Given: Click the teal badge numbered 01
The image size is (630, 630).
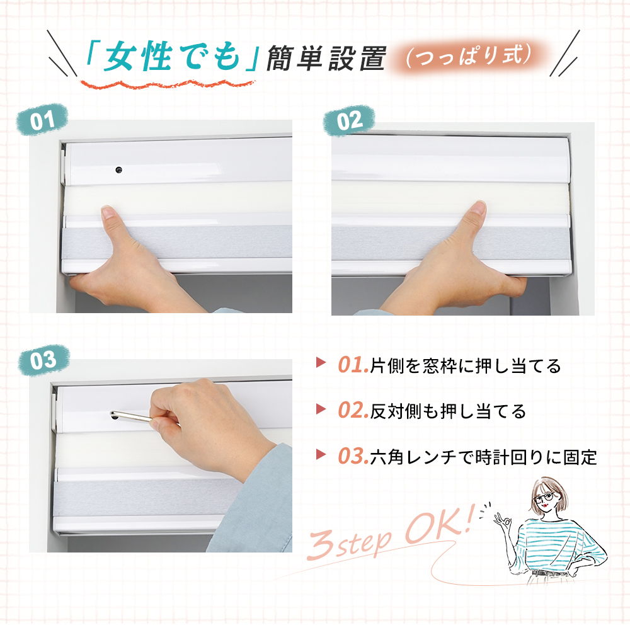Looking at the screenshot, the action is (42, 119).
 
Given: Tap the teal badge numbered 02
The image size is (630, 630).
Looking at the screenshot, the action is (349, 120).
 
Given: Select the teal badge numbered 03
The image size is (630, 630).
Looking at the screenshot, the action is (43, 360).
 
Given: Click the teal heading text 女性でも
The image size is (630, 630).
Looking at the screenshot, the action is (171, 57).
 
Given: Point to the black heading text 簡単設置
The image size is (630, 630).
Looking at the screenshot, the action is (326, 58).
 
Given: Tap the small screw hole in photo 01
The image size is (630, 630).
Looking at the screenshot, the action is (118, 170).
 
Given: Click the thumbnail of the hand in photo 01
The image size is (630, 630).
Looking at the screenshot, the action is (106, 211).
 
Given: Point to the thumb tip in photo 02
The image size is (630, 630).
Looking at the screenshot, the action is (479, 207).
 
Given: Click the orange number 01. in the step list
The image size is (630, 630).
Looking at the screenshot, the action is (353, 365).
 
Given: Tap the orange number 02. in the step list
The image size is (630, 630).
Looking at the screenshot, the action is (353, 411).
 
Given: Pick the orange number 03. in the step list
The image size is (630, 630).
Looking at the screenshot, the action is (353, 456).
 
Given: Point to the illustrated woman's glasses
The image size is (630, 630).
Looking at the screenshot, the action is (545, 498).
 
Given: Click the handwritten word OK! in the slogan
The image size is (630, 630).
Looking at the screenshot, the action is (438, 526).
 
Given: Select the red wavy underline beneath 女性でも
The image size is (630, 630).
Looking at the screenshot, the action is (168, 84).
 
